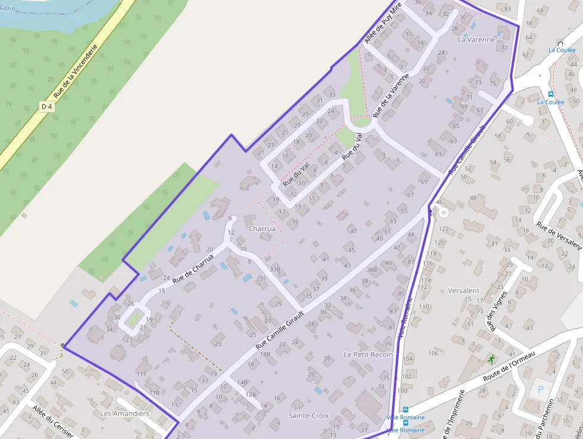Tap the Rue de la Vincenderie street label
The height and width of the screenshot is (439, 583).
(75, 73)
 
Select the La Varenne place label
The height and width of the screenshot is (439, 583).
(476, 40)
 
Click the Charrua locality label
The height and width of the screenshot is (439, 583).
(262, 228)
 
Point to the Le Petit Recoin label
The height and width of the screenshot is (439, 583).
(368, 354)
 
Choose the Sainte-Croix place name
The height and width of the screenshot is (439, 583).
(308, 415)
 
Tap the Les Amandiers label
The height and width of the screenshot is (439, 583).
(124, 413)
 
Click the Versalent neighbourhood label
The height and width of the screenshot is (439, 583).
(463, 291)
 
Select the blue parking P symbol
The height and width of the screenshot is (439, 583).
(541, 390)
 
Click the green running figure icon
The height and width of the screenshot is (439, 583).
(491, 359)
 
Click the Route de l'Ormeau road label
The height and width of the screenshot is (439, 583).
(509, 367)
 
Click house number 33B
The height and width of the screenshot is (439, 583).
(274, 269)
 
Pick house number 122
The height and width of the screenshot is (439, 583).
(443, 229)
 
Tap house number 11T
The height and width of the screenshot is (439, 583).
(141, 374)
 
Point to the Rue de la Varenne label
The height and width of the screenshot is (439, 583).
(391, 95)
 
